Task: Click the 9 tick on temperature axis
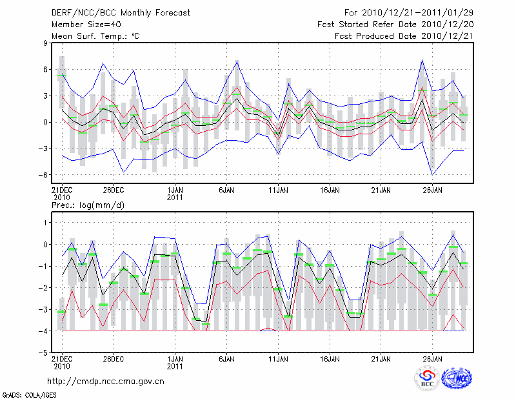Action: point(46,43)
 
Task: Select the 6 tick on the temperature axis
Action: point(46,70)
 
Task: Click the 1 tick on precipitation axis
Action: point(46,223)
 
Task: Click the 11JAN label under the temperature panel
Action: point(278,190)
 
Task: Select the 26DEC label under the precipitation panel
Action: point(113,358)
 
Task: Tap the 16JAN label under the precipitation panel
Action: point(330,358)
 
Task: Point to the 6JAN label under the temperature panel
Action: point(226,190)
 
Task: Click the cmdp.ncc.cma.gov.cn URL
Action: point(106,381)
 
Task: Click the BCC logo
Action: point(427,378)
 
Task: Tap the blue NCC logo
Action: point(457,378)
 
